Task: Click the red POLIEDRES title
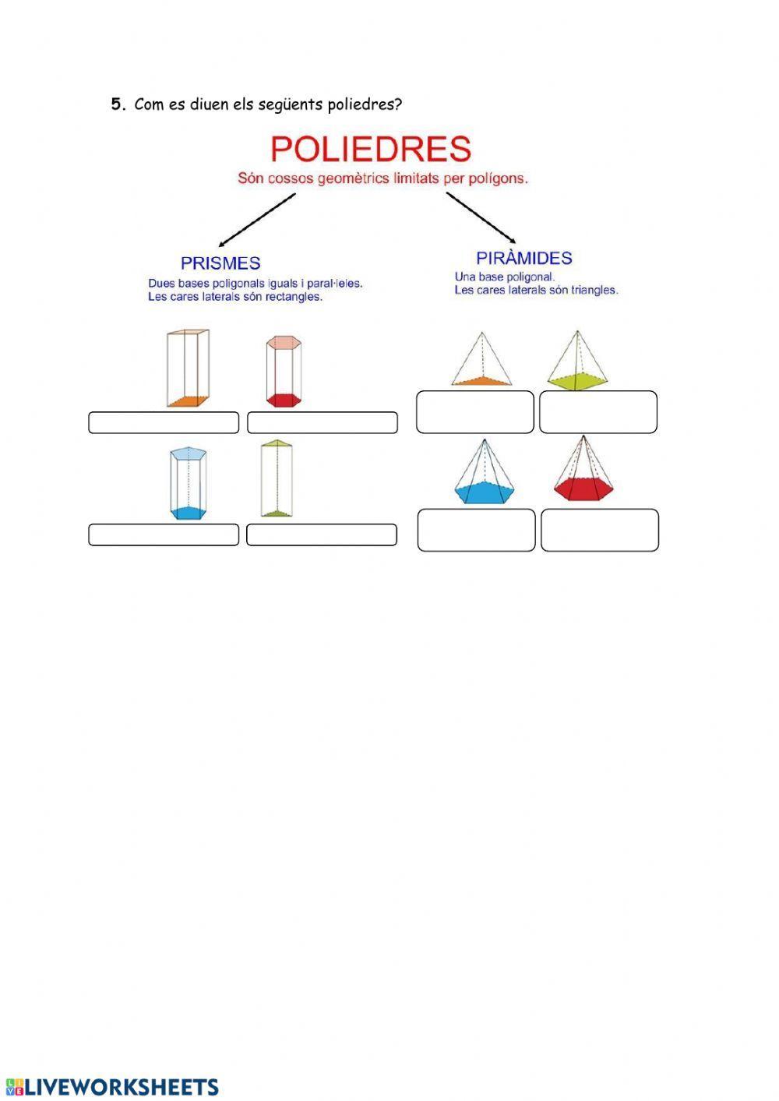coord(371,149)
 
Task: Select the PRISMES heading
coord(220,263)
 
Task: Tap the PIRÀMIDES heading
coord(523,258)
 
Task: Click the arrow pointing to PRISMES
coord(257,220)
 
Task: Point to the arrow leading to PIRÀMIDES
coord(481,217)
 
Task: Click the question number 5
coord(117,104)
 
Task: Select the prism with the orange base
coord(188,368)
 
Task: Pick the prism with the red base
coord(284,371)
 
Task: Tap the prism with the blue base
coord(189,482)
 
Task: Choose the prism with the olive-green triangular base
coord(277,478)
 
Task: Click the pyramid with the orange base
coord(481,359)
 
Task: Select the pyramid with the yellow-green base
coord(576,361)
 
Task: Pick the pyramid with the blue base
coord(484,471)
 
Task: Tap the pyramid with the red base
coord(583,468)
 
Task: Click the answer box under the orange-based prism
coord(164,422)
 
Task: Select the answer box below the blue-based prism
coord(164,535)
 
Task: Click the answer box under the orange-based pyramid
coord(475,412)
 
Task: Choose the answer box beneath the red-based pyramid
coord(600,530)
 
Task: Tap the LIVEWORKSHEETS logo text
coord(122,1087)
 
